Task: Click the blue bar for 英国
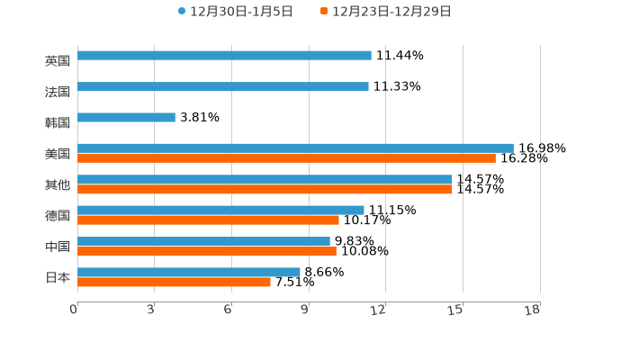point(224,56)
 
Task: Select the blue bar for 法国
point(223,87)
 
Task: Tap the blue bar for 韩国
point(126,118)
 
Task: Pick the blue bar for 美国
point(295,148)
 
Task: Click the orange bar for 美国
point(286,158)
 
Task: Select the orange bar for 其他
point(265,190)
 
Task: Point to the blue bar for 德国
point(220,211)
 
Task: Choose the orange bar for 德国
point(208,220)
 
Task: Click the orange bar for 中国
point(207,252)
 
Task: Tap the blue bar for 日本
point(189,272)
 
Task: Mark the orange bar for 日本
point(174,283)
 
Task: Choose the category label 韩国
point(58,122)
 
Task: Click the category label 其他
point(58,184)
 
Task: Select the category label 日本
point(58,277)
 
